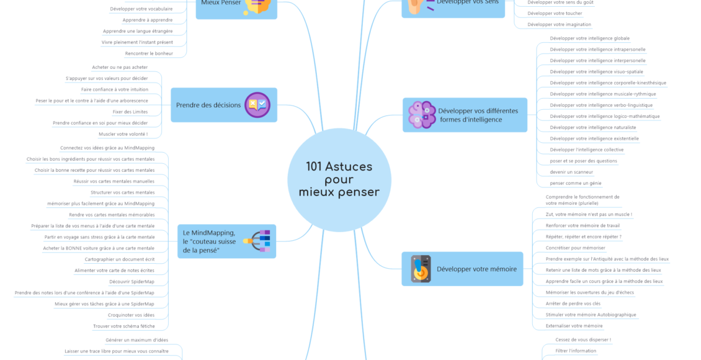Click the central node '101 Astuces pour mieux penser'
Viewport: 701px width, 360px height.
[x=339, y=179]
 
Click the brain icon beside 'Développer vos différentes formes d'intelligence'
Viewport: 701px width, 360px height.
[x=421, y=115]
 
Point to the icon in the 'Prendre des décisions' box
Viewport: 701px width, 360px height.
[x=257, y=105]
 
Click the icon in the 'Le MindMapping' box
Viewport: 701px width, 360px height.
[x=257, y=241]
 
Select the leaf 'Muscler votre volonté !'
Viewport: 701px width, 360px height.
[x=123, y=133]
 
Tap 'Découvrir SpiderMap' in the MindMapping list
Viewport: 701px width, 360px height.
[x=132, y=281]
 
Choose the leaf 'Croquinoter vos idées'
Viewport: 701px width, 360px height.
[x=131, y=315]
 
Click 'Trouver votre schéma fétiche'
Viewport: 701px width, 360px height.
[x=123, y=326]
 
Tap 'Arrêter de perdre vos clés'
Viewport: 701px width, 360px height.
[x=573, y=304]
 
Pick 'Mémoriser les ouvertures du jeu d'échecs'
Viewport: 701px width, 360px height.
[x=589, y=292]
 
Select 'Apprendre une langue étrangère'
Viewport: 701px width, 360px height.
[x=138, y=31]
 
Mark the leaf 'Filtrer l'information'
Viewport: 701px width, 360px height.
[x=576, y=351]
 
